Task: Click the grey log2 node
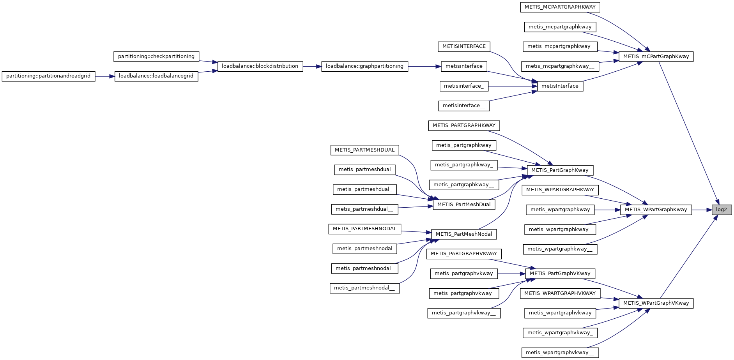[x=721, y=210]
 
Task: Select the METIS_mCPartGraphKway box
[x=656, y=56]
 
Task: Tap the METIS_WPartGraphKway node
[x=656, y=210]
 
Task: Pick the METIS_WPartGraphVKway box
[x=656, y=303]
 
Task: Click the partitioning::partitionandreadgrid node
[x=48, y=76]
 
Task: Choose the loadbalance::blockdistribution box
[x=260, y=66]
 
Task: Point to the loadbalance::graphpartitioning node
[x=364, y=66]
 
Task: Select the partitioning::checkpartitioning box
[x=156, y=56]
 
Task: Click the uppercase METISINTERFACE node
[x=464, y=46]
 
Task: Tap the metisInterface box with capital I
[x=560, y=86]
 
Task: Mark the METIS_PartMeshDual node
[x=464, y=205]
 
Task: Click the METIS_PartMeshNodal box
[x=464, y=234]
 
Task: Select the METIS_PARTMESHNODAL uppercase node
[x=364, y=229]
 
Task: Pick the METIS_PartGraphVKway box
[x=560, y=274]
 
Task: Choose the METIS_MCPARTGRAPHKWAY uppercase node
[x=560, y=7]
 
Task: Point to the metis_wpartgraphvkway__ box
[x=560, y=353]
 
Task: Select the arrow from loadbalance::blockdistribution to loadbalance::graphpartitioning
[x=312, y=66]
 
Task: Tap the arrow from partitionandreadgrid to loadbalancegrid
[x=104, y=76]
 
